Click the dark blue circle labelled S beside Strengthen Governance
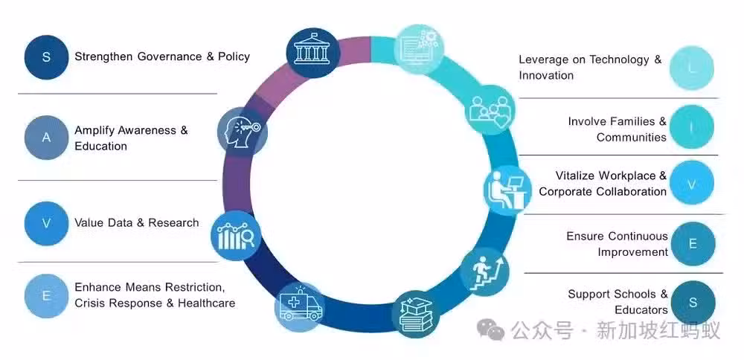[46, 57]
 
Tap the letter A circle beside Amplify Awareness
[46, 138]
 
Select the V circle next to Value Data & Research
[46, 223]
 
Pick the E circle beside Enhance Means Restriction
[46, 296]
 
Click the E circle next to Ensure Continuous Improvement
[693, 244]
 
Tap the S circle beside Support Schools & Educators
[693, 303]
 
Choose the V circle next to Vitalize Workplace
[692, 183]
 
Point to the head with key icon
[242, 132]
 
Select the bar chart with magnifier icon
[236, 236]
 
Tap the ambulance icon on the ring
[300, 307]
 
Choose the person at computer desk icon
[507, 190]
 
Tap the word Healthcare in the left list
[206, 303]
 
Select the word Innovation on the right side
[546, 75]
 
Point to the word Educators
[641, 310]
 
